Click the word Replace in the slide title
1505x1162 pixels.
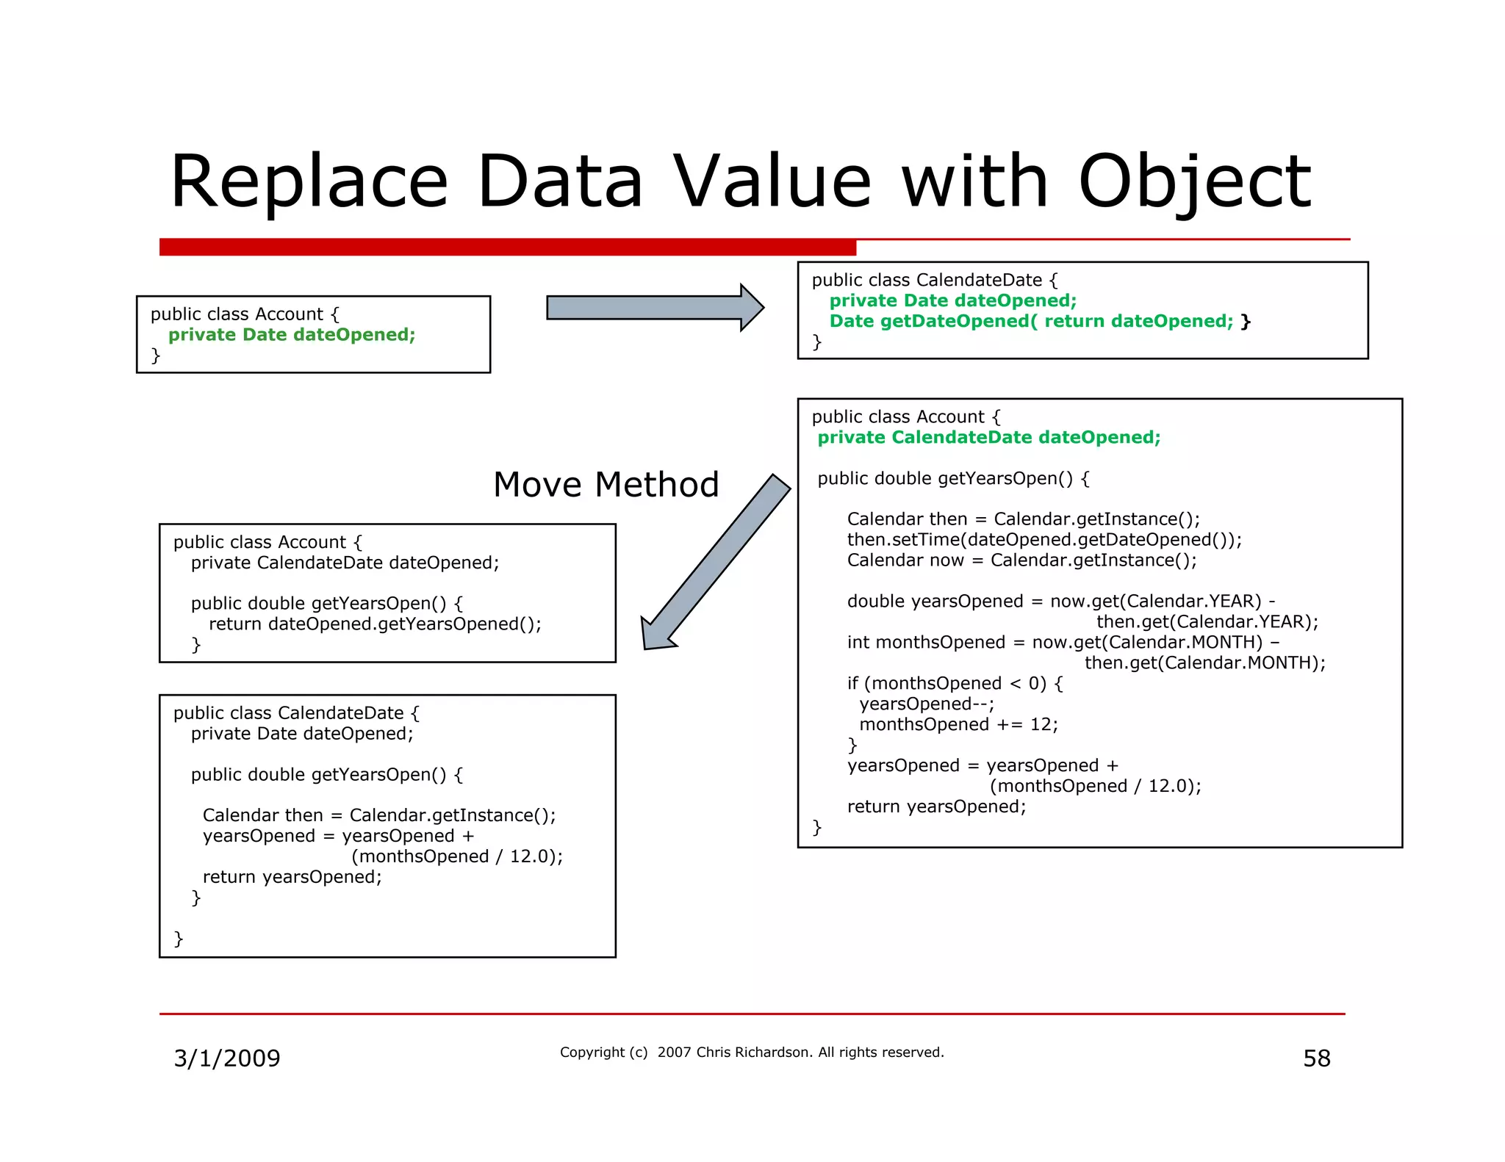(x=309, y=181)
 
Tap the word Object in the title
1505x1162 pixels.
(x=1194, y=181)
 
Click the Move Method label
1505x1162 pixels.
(x=606, y=485)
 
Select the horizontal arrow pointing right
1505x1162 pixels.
(x=654, y=308)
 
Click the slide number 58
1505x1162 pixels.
(x=1316, y=1058)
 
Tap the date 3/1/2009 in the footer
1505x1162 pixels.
(x=226, y=1058)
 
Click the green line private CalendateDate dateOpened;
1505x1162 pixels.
(x=988, y=438)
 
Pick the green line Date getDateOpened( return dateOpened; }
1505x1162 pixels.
(x=1039, y=321)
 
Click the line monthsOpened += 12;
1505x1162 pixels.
(x=958, y=724)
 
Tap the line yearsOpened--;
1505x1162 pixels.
(x=926, y=704)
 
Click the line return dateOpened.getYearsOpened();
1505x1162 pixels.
(x=375, y=624)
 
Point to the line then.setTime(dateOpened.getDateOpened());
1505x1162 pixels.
(x=1044, y=540)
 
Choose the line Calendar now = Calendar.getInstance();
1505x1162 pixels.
(x=1021, y=560)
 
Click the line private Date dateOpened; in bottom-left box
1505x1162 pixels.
(x=302, y=734)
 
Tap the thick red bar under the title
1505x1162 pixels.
(x=507, y=247)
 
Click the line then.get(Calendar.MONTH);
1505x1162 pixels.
(x=1204, y=663)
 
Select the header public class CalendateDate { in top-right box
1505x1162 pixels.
(x=934, y=280)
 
